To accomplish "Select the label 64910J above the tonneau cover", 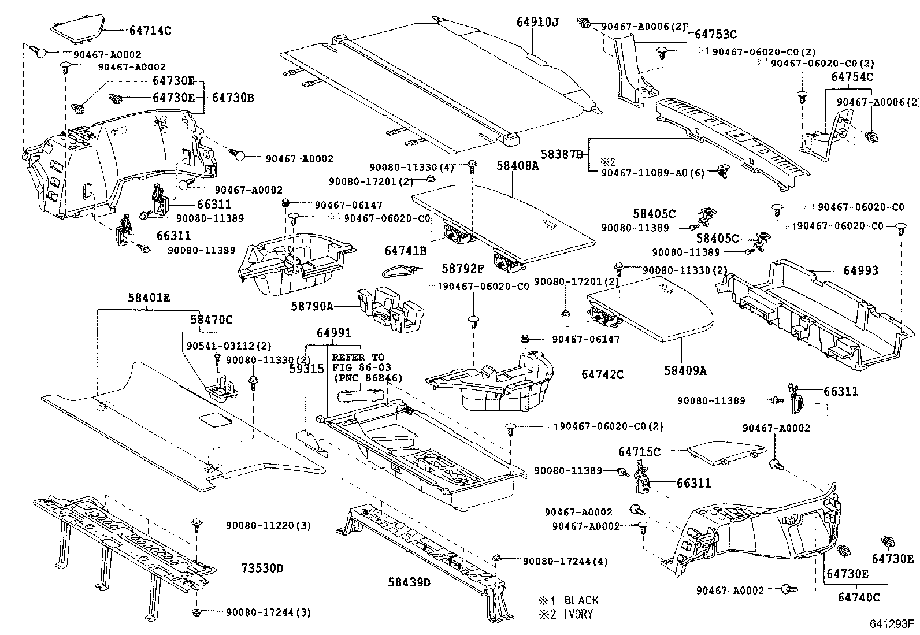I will [x=538, y=22].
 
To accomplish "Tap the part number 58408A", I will [x=517, y=166].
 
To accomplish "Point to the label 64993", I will [x=860, y=270].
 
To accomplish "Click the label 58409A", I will [x=685, y=370].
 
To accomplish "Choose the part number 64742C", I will [x=602, y=374].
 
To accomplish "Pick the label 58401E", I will [x=149, y=299].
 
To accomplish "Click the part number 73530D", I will [x=262, y=568].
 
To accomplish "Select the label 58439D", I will [x=409, y=582].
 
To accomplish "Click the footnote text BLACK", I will [x=581, y=600].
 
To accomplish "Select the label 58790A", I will [x=312, y=307].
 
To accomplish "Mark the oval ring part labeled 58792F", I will [x=399, y=269].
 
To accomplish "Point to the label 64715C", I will [x=639, y=452].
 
